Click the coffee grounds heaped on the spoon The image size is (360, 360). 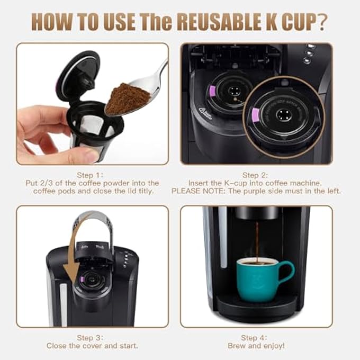point(127,98)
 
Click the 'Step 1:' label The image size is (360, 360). point(92,175)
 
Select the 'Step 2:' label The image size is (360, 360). point(257,175)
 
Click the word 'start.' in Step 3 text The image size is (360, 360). point(127,346)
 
